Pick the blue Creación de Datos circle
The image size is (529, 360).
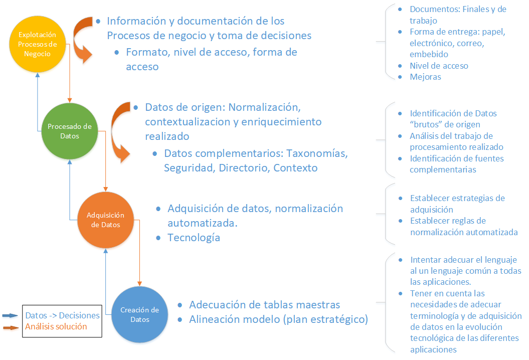point(140,315)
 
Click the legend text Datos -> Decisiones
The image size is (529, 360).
point(62,315)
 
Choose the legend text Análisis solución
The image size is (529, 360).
point(56,326)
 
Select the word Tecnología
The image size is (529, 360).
point(194,238)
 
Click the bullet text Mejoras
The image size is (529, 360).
point(425,77)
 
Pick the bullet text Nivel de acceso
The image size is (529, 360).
point(439,66)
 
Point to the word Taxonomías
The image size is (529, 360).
point(317,153)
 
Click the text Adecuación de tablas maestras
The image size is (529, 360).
point(264,305)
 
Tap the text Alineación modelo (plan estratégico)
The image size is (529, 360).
point(278,319)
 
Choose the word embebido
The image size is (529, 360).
point(429,54)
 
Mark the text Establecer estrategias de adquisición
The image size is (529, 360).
point(457,204)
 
